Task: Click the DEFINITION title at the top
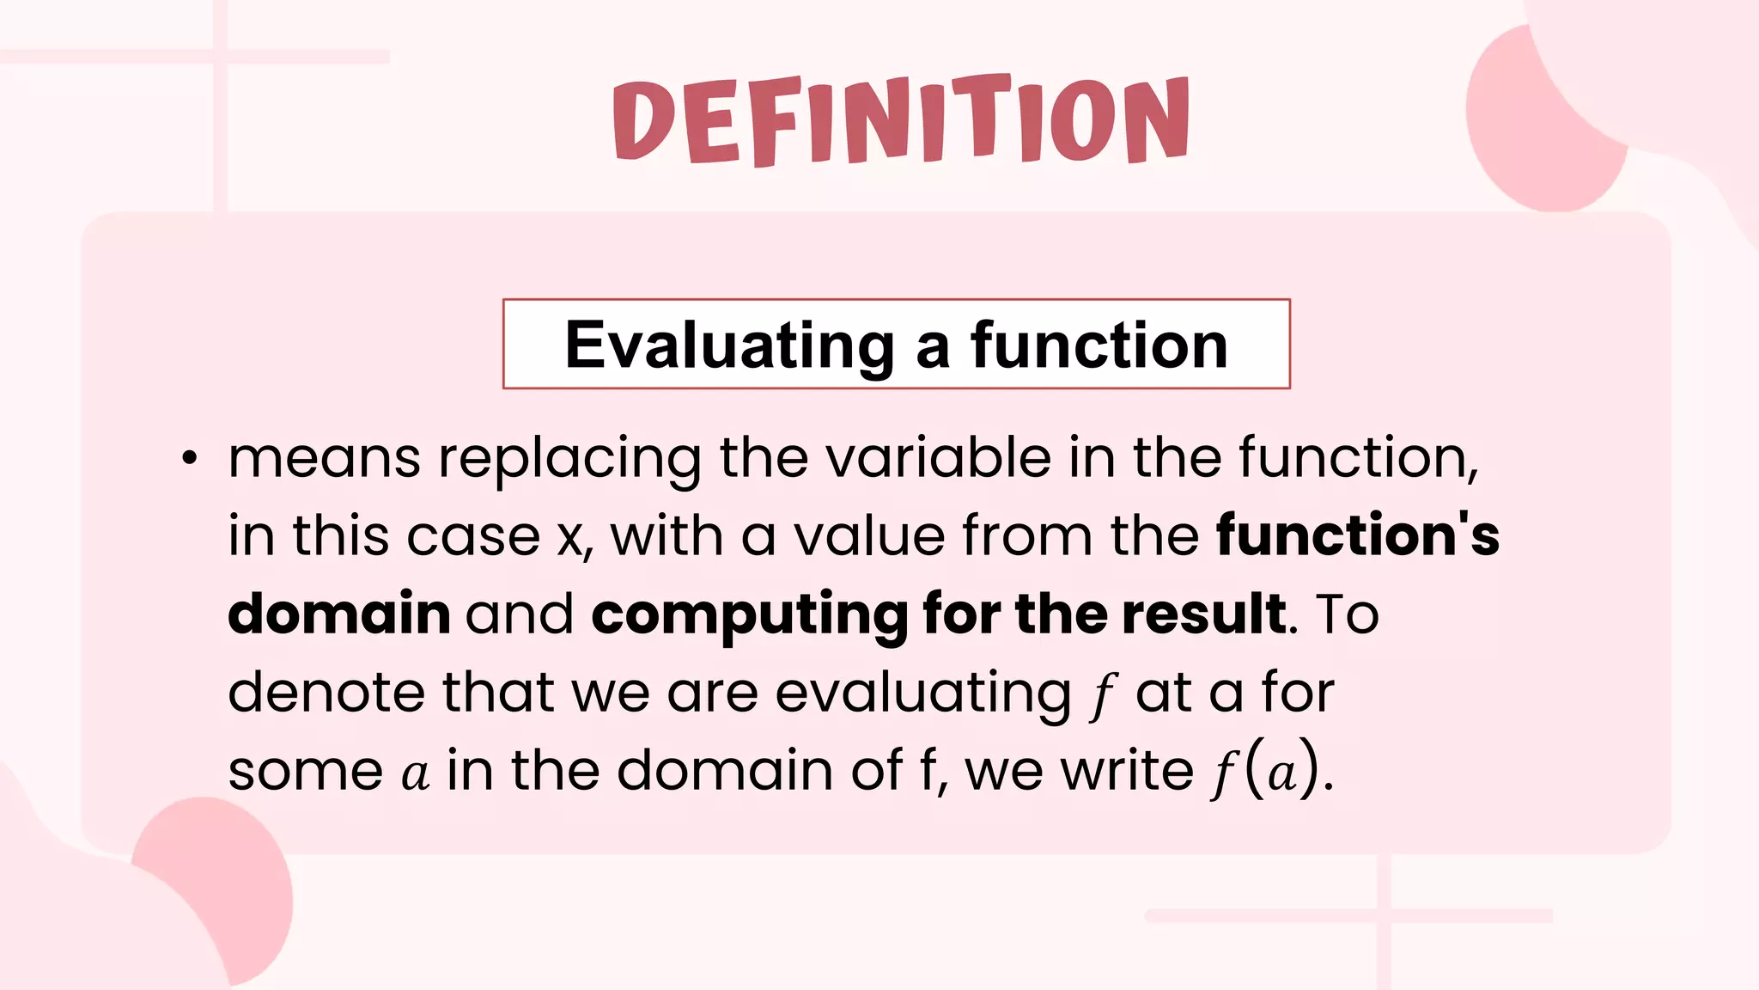(x=901, y=120)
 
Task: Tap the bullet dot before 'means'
(x=190, y=460)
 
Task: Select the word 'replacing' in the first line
(x=569, y=458)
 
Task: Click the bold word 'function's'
(x=1357, y=535)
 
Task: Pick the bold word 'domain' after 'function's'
(x=339, y=614)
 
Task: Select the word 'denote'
(x=326, y=692)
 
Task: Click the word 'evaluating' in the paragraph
(x=923, y=694)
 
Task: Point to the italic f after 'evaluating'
(x=1102, y=694)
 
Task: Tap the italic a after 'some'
(x=415, y=773)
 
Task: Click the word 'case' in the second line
(x=472, y=536)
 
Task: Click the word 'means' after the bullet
(x=324, y=458)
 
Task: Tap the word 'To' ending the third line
(x=1347, y=614)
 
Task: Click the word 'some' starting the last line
(x=305, y=771)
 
